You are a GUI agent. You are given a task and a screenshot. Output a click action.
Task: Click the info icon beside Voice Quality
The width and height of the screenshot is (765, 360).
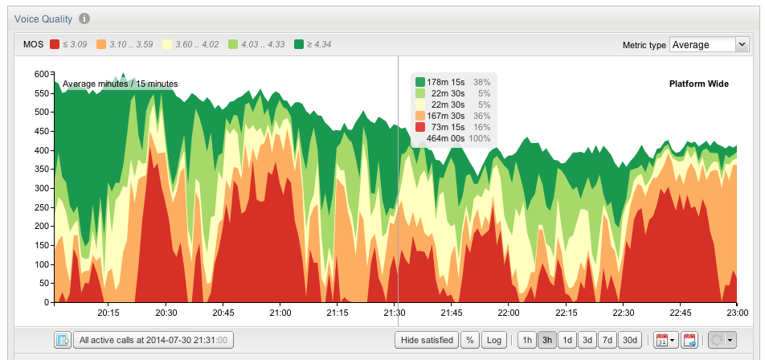(84, 18)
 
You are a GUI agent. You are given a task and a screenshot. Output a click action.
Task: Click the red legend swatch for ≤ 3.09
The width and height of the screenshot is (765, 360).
(55, 45)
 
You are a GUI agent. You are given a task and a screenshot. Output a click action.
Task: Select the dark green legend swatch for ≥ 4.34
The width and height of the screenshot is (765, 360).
(299, 45)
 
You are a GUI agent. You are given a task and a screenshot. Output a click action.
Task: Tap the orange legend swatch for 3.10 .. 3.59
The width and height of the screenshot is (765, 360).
(101, 45)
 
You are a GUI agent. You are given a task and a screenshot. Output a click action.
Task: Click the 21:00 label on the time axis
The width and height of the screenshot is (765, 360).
(280, 313)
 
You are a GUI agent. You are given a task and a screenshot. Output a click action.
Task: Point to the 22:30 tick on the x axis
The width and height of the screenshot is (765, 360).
(624, 313)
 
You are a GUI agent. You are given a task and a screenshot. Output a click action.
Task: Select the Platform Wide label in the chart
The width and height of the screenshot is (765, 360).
(698, 84)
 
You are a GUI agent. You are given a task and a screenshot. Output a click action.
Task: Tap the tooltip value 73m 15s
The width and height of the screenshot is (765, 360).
(448, 127)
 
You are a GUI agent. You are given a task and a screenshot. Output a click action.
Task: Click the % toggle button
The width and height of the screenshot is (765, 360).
(470, 340)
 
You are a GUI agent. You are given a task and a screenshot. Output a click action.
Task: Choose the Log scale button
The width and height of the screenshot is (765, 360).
(494, 340)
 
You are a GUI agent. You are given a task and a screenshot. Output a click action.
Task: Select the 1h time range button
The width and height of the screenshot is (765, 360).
(527, 340)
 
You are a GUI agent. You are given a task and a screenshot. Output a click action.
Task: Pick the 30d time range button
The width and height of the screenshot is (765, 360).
(631, 340)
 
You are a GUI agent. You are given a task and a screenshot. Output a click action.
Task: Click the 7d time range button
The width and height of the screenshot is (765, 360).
(609, 340)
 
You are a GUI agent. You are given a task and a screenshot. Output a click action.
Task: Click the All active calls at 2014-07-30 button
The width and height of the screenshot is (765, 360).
(153, 340)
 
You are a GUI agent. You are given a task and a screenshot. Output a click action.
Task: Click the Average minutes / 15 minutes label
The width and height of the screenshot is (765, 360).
(120, 84)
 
